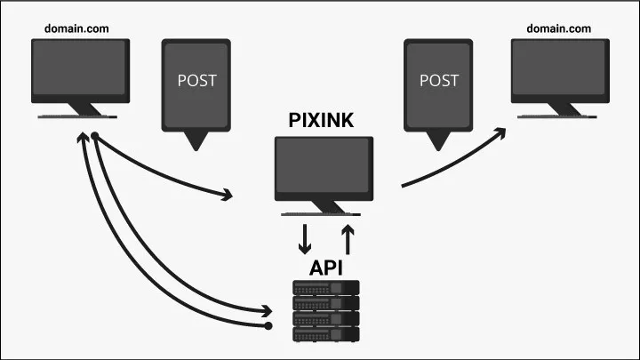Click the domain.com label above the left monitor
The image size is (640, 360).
[x=76, y=28]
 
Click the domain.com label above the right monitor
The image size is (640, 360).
[x=558, y=28]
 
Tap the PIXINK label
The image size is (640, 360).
[x=322, y=121]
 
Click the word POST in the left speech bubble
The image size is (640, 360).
[x=197, y=80]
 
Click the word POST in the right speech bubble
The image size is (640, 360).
[x=439, y=80]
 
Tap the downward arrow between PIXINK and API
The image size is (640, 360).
[x=305, y=239]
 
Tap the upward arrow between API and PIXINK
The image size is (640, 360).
[x=348, y=238]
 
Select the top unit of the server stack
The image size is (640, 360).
[x=326, y=287]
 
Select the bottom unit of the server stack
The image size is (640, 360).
[x=326, y=335]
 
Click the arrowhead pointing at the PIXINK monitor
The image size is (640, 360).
[x=232, y=193]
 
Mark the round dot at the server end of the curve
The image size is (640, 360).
[x=269, y=326]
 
